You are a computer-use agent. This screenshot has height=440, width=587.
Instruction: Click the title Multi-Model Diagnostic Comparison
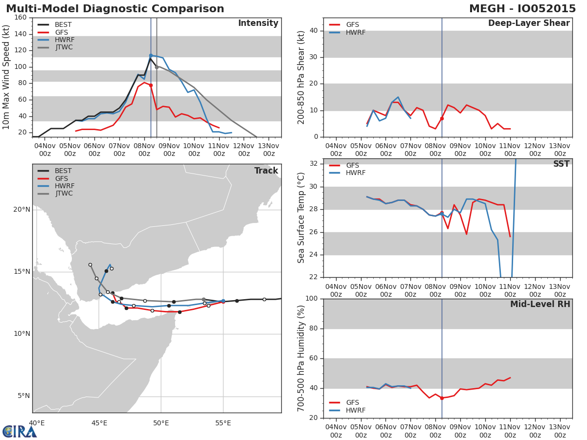click(115, 9)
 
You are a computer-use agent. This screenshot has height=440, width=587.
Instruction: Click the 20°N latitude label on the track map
click(22, 210)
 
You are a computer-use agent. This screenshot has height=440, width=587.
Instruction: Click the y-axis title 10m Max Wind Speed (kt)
click(7, 77)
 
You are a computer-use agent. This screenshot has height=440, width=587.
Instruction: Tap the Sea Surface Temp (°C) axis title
click(301, 218)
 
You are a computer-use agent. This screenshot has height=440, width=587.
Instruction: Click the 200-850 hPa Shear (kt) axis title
click(301, 77)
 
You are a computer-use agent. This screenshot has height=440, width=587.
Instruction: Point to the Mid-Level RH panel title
click(540, 305)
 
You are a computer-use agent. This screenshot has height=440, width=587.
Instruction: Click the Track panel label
click(266, 171)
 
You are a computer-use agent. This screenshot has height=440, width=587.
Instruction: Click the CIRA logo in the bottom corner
click(20, 431)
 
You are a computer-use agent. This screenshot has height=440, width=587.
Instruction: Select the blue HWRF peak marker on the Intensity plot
click(151, 56)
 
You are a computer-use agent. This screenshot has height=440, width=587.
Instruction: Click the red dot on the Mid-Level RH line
click(442, 398)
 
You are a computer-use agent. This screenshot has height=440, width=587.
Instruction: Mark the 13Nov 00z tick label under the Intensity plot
click(269, 150)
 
